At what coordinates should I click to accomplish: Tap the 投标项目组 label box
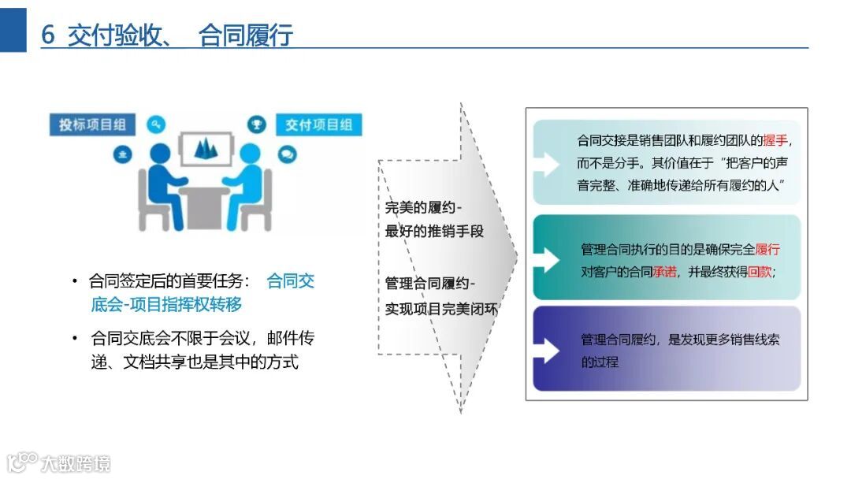(93, 124)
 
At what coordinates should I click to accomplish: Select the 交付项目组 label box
(318, 124)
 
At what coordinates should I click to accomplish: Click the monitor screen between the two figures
(206, 147)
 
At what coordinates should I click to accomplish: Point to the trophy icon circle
(255, 123)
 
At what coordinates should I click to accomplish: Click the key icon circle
(156, 124)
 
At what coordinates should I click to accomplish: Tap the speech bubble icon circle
(287, 154)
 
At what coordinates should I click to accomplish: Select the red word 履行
(767, 250)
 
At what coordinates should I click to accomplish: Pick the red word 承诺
(664, 273)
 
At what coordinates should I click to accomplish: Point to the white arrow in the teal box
(546, 258)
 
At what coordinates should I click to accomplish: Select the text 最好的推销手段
(434, 232)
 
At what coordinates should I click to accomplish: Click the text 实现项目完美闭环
(441, 308)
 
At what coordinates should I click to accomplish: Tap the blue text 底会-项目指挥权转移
(166, 305)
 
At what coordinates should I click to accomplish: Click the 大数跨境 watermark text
(76, 462)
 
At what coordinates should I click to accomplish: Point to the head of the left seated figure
(160, 153)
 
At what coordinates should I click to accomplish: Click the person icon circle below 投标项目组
(122, 154)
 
